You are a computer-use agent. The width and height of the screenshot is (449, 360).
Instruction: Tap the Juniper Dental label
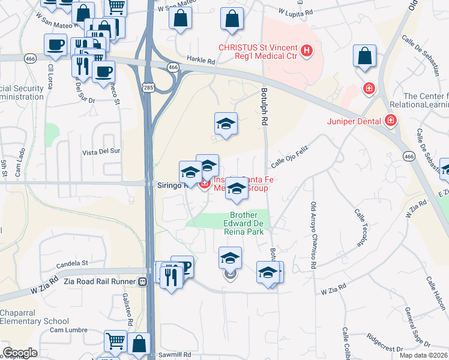tap(354, 121)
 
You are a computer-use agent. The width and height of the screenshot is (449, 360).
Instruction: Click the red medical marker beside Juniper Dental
tap(391, 121)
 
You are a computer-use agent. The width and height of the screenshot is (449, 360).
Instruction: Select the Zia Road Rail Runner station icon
tap(143, 281)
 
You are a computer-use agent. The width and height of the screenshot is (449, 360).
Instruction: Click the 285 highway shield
tap(147, 88)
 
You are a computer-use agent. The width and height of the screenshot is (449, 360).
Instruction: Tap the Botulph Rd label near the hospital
tap(264, 107)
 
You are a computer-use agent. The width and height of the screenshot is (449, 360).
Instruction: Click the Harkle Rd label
tap(200, 61)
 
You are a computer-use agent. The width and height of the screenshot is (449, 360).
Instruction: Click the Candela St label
tap(72, 263)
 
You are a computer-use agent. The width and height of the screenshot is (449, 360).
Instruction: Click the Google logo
tap(20, 353)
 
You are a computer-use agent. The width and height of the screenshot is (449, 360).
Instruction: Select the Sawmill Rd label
tap(175, 355)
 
